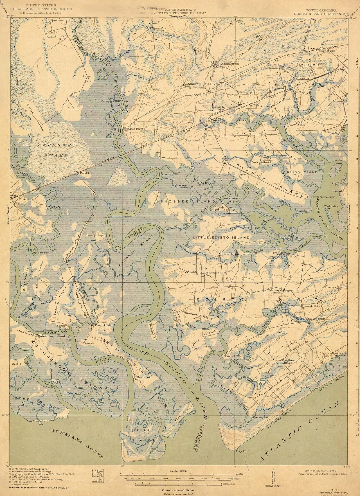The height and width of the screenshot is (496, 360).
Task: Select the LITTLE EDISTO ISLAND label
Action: [x=221, y=238]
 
